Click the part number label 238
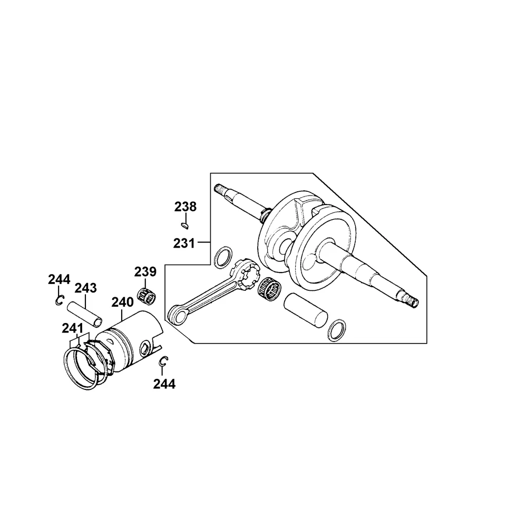[185, 207]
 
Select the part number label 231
[184, 243]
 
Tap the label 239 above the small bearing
[145, 271]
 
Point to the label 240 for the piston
[122, 302]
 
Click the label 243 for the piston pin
[85, 288]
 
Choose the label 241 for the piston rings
[72, 328]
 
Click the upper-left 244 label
[59, 279]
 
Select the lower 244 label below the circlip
[164, 384]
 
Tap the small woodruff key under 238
[184, 225]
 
